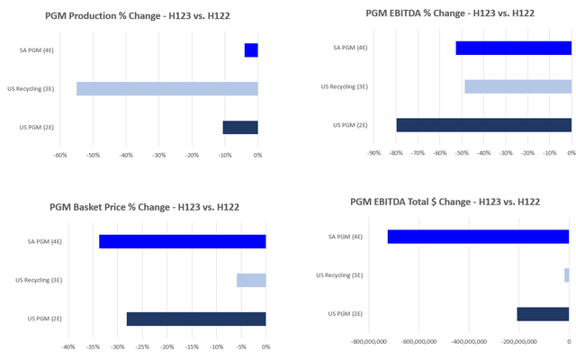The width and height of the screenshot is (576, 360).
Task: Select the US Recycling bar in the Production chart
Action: click(x=166, y=88)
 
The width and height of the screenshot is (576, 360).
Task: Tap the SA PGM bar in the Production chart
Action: click(x=251, y=50)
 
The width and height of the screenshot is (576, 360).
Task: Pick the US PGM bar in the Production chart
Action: click(x=240, y=127)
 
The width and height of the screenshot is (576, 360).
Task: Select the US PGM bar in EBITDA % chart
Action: click(x=483, y=125)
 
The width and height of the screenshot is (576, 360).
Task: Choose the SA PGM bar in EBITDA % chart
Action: click(x=513, y=48)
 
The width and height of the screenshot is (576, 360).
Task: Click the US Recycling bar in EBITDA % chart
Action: click(x=517, y=86)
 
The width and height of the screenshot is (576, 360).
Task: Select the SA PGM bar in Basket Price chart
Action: click(x=182, y=241)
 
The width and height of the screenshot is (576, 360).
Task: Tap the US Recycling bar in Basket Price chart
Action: click(x=251, y=280)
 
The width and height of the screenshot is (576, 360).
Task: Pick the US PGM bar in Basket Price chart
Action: click(x=196, y=319)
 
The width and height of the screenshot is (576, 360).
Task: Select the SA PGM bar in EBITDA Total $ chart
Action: click(x=478, y=237)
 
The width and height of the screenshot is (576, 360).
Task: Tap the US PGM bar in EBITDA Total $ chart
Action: click(x=543, y=314)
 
